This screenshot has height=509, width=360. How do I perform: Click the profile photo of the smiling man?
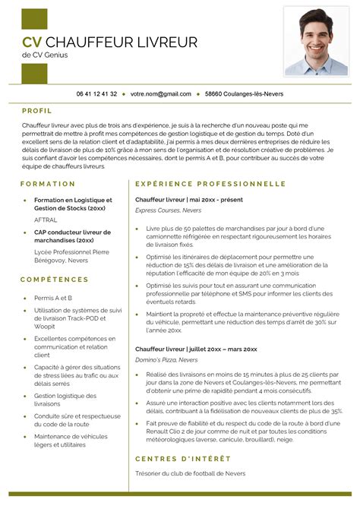coord(316,41)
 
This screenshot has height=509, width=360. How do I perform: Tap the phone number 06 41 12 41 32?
coord(96,93)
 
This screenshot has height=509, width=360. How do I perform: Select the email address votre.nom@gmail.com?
coord(160,93)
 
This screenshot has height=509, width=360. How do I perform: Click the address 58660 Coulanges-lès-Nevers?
coord(239,93)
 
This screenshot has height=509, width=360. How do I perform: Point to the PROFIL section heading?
coord(37,110)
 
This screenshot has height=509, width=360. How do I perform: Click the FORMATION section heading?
coord(49,184)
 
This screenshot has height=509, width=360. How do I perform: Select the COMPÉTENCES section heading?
coord(55,280)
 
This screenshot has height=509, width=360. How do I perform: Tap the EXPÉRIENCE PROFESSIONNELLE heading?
coord(210,184)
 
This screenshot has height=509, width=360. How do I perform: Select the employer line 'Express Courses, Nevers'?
coord(168,210)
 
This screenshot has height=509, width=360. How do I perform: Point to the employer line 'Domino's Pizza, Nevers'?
coord(166,359)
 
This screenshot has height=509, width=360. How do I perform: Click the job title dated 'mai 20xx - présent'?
coord(188,199)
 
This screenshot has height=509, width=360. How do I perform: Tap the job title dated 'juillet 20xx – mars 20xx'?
coord(196,349)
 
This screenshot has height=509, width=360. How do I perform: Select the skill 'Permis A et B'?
coord(53,298)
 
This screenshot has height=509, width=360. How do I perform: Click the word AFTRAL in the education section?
coord(46,219)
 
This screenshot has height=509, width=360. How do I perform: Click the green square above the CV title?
coord(34,19)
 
